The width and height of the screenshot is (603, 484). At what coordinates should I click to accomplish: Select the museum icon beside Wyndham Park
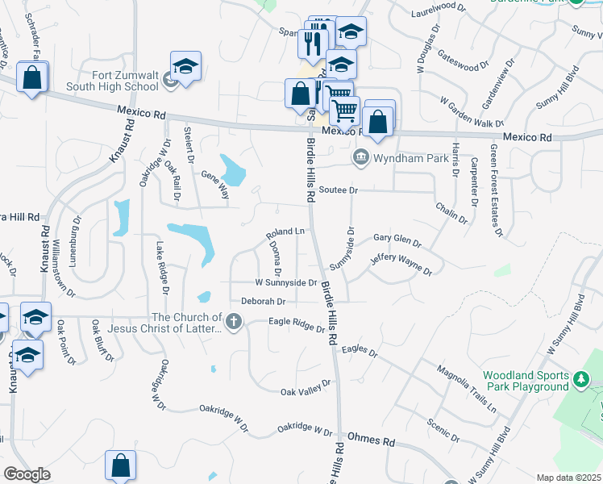coord(360,157)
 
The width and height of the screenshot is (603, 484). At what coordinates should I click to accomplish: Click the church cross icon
coord(233,323)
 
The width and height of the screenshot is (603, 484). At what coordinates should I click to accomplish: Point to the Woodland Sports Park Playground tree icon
coord(580,378)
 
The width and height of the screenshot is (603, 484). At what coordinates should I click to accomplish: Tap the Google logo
coord(27,474)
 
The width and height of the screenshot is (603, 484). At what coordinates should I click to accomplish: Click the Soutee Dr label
coord(337,190)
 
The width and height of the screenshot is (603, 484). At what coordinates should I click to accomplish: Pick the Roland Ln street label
coord(285,233)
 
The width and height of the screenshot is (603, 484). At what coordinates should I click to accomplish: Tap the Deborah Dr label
coord(264,301)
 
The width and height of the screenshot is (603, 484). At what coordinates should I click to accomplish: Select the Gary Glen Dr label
coord(397,240)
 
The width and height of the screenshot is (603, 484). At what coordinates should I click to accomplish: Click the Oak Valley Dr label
coord(306,388)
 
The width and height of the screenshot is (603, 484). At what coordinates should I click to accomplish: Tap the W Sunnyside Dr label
coord(285,283)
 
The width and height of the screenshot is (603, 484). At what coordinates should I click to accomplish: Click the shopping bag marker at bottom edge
coord(120,465)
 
